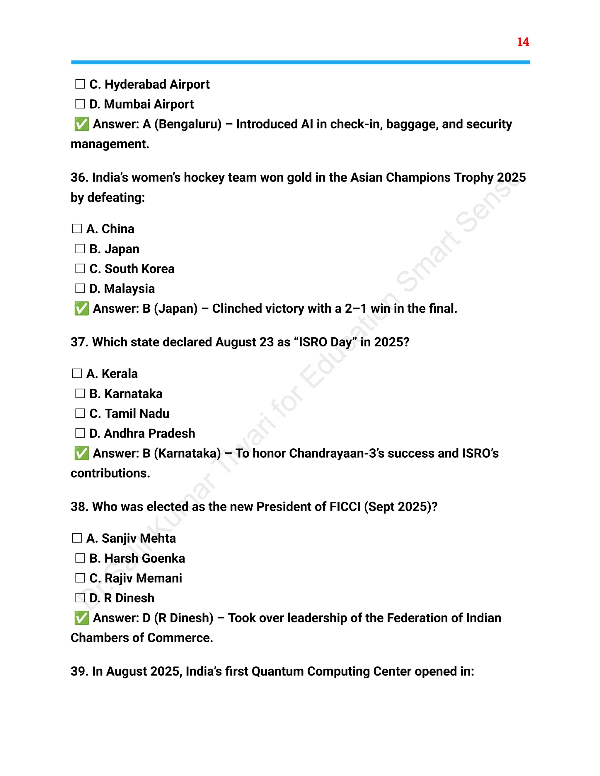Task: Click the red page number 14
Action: tap(523, 42)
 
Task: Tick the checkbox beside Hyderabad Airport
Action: tap(80, 84)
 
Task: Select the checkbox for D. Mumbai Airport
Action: tap(80, 104)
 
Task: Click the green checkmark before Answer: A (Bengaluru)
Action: tap(81, 124)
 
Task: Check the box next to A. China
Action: tap(77, 228)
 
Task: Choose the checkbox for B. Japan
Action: tap(80, 249)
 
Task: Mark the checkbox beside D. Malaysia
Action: tap(80, 288)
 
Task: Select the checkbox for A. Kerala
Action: tap(77, 373)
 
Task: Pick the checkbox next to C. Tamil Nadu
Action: tap(80, 413)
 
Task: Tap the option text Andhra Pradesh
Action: tap(149, 433)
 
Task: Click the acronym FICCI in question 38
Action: tap(345, 507)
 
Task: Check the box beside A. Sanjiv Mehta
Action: tap(77, 538)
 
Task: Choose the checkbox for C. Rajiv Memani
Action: tap(80, 578)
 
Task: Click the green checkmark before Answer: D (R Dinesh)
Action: tap(81, 618)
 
